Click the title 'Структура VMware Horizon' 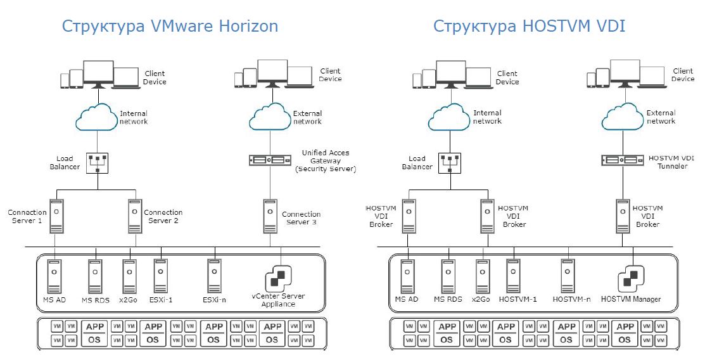tap(170, 26)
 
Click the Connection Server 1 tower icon tap(57, 215)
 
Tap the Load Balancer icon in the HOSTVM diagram tap(448, 163)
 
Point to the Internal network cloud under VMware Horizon tap(97, 117)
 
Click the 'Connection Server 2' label tap(163, 216)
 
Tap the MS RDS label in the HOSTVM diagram tap(448, 299)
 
